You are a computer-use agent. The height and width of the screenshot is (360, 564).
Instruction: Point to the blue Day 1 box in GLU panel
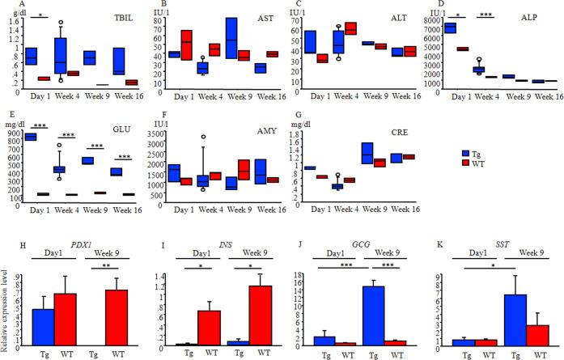32,137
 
